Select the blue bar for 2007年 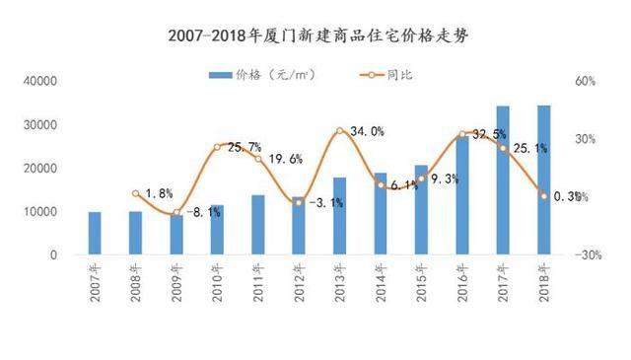[95, 233]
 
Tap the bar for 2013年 [339, 216]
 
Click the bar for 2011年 [257, 225]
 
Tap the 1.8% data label [159, 193]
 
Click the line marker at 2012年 [299, 202]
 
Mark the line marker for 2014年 [381, 184]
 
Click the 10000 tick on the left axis [38, 212]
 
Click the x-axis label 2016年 [462, 286]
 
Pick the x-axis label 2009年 [176, 286]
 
